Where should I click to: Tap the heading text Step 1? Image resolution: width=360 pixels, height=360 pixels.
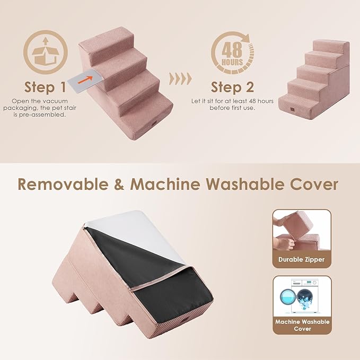46,86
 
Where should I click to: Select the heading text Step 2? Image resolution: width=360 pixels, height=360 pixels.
232,86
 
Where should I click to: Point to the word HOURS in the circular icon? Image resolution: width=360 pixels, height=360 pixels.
233,62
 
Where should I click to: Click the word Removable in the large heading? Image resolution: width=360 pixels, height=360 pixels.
67,184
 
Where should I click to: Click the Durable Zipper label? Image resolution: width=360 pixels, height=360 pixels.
301,260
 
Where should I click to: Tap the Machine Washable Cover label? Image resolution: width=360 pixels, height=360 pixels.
302,325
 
